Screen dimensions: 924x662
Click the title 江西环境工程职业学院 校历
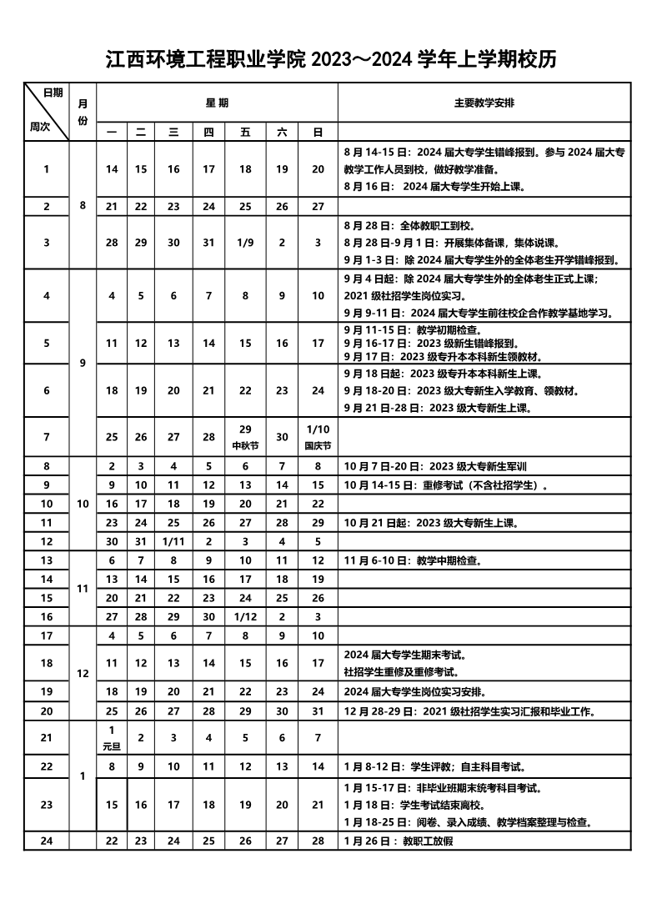click(x=331, y=59)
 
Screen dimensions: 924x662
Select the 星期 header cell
click(x=217, y=103)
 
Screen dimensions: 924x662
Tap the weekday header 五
click(x=245, y=132)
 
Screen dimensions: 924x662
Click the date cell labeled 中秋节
click(x=245, y=436)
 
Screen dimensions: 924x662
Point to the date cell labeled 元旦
click(x=112, y=738)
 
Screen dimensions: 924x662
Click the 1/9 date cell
click(x=245, y=242)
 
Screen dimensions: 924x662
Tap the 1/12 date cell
click(x=245, y=616)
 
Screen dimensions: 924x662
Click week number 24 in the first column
click(x=47, y=841)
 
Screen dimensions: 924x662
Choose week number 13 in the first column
click(x=47, y=560)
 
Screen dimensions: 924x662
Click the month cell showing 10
click(x=83, y=504)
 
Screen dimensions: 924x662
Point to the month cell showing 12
click(x=83, y=673)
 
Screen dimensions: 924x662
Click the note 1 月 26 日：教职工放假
click(x=399, y=841)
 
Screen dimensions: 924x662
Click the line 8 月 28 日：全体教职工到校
click(x=409, y=225)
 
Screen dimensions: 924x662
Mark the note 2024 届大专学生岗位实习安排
click(x=415, y=691)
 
